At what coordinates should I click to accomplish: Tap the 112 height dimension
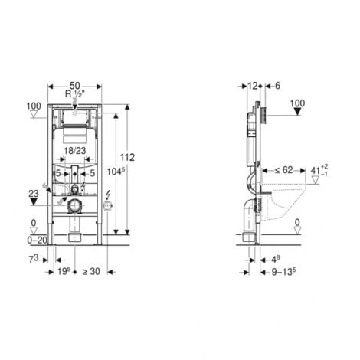(128, 157)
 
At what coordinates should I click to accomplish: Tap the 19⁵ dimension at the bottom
(64, 270)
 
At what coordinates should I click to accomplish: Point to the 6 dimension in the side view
(277, 87)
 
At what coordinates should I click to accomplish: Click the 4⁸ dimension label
(275, 259)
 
